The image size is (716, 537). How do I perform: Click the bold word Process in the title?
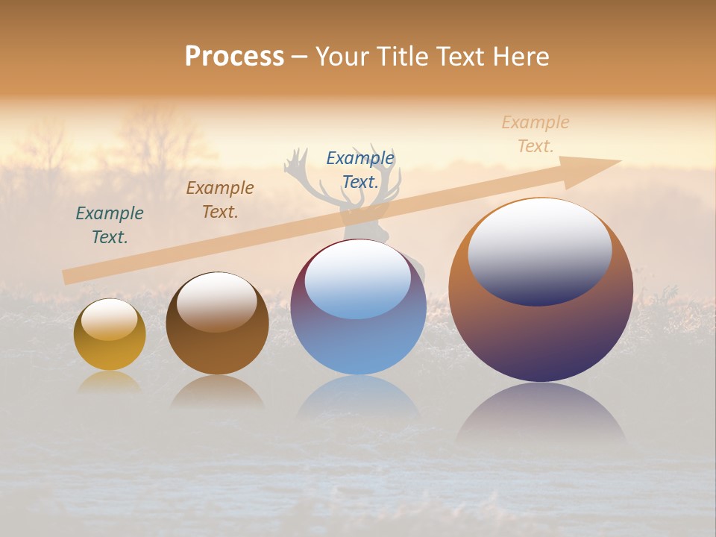coord(234,57)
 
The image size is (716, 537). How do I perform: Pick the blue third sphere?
coord(359,343)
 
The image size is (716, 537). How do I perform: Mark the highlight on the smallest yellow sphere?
coord(110,318)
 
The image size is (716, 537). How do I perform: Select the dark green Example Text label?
coord(110,225)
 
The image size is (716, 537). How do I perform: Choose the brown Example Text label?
coord(220,200)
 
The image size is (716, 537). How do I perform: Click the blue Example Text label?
coord(360,170)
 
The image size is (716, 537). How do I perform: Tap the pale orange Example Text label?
coord(535,134)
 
